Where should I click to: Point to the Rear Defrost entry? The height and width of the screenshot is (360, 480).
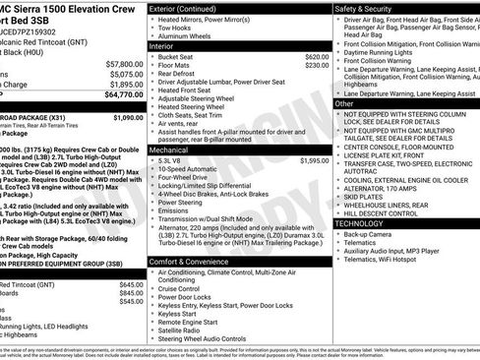pyautogui.click(x=178, y=75)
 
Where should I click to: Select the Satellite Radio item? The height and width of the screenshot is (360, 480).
pyautogui.click(x=183, y=330)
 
